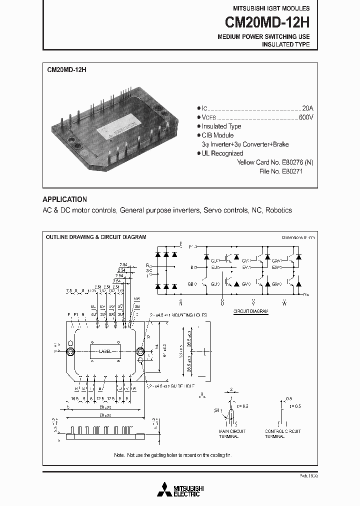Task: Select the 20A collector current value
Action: pos(307,108)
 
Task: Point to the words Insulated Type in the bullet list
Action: pos(221,126)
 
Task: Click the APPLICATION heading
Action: pos(64,199)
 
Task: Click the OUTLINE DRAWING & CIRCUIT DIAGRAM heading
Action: pos(96,237)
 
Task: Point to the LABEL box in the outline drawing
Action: pos(105,351)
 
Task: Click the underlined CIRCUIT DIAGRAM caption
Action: pos(251,311)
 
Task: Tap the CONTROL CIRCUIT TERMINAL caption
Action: pos(282,433)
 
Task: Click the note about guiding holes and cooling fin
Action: pos(172,455)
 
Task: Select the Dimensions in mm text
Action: pos(298,237)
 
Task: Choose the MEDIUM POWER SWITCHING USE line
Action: pos(263,37)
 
